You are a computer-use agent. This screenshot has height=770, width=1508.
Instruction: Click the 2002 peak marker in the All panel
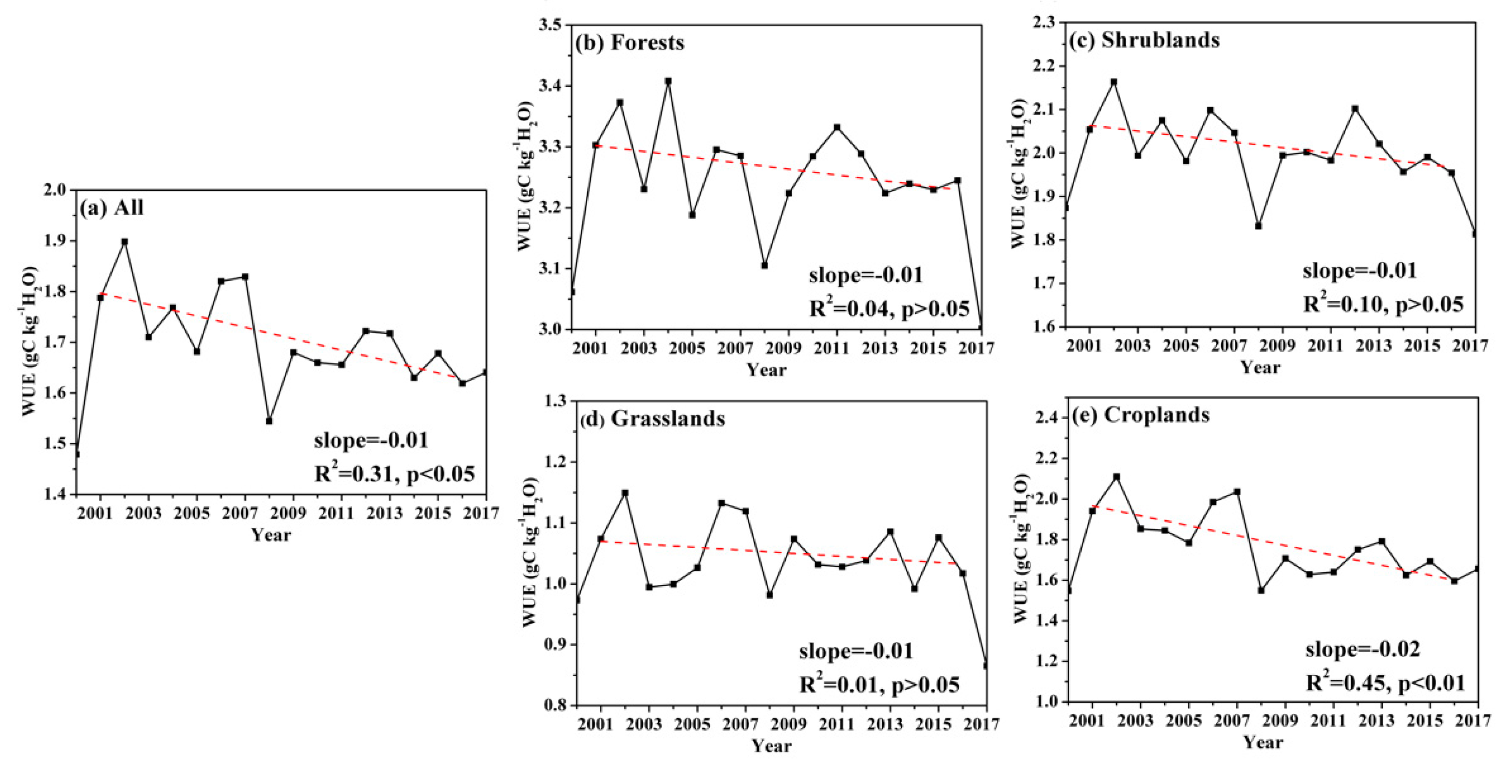125,241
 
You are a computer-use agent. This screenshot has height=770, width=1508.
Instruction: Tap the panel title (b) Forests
629,43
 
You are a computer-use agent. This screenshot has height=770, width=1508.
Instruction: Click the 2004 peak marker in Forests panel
668,81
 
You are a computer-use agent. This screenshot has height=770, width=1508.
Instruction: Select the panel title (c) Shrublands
1144,40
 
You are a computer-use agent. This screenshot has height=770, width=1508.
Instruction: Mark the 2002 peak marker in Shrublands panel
1114,82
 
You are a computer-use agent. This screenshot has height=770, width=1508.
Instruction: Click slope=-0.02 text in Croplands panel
1362,649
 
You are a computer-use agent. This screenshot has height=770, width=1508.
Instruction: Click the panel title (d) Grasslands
652,419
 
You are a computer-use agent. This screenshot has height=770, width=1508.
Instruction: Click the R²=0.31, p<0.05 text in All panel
394,473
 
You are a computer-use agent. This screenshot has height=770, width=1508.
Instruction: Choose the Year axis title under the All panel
271,535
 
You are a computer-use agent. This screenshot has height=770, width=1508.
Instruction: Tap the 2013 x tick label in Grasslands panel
885,725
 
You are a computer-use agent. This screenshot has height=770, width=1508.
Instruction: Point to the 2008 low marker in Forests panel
764,265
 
